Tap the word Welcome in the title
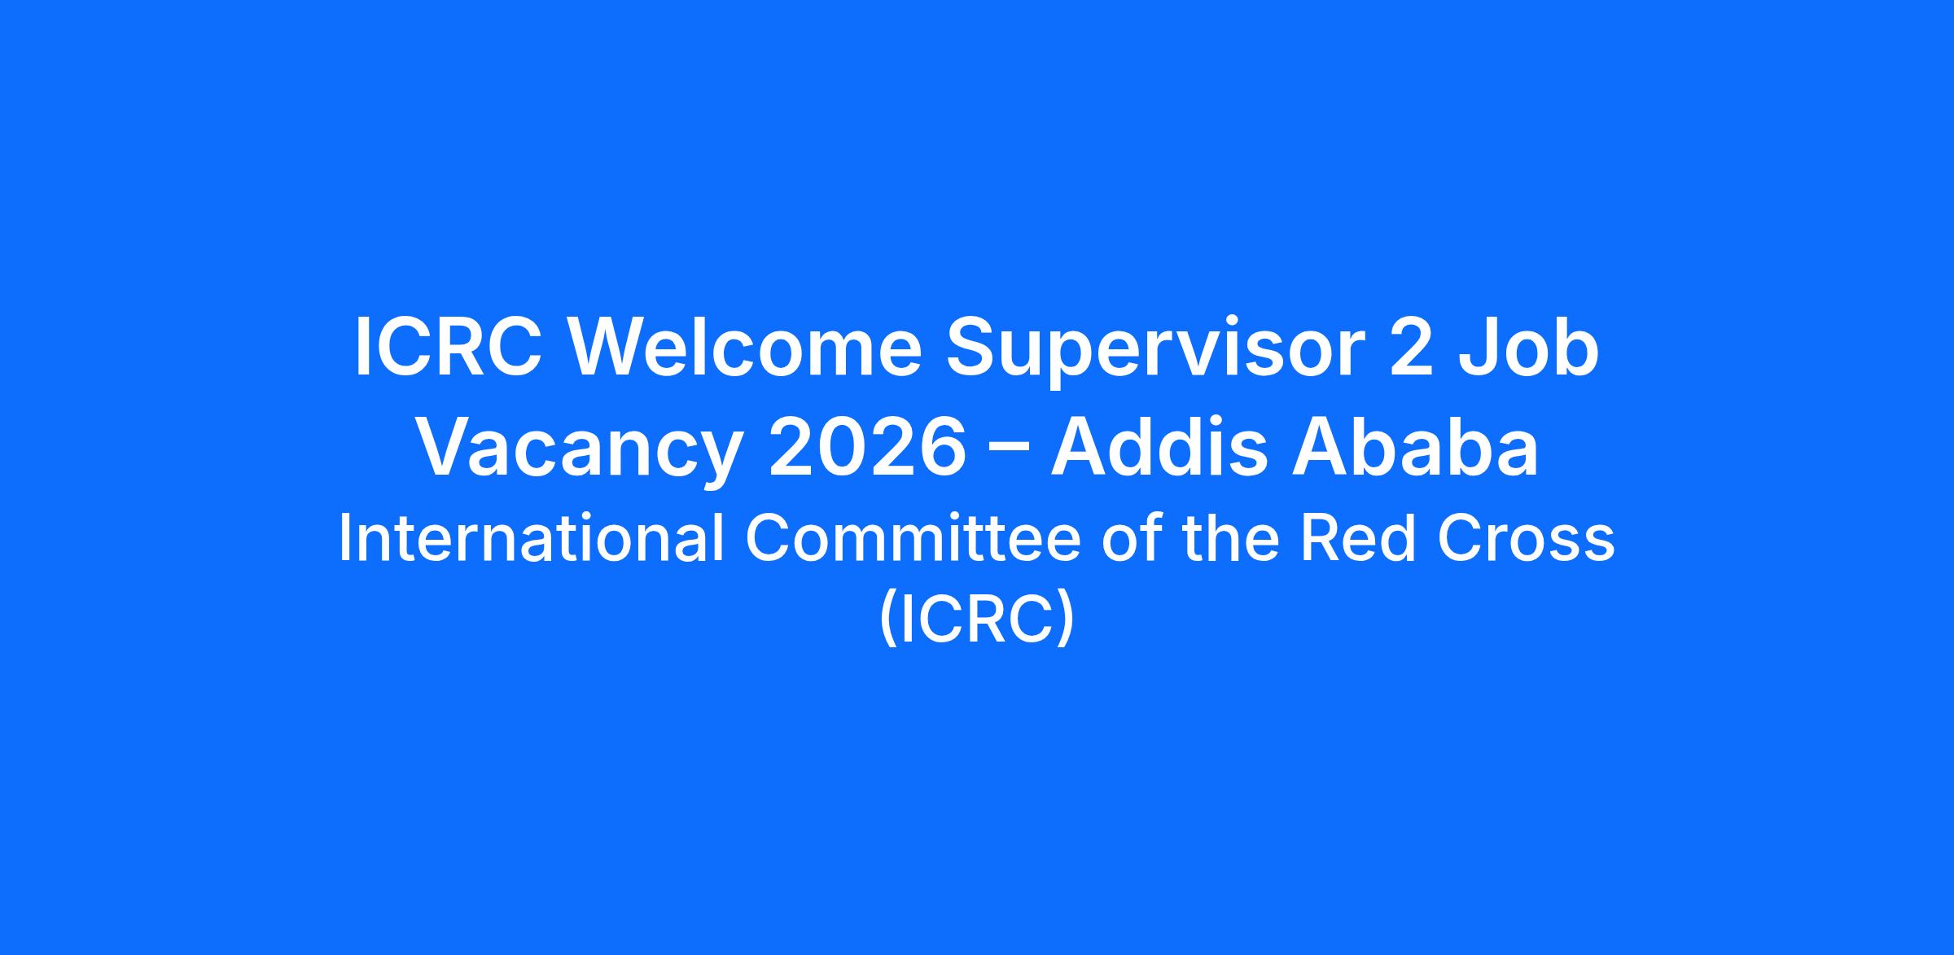[x=745, y=348]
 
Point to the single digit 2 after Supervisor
[x=1411, y=348]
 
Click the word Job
[x=1528, y=348]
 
